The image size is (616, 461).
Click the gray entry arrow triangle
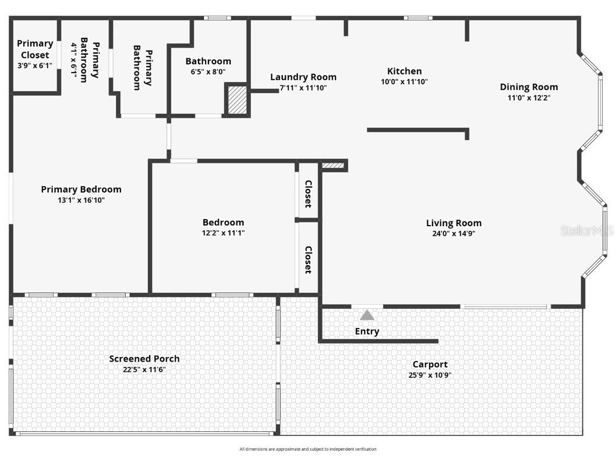point(367,315)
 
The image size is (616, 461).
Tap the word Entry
point(367,331)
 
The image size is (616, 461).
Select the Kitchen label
point(404,72)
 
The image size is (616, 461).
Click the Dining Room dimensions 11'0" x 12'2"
point(529,98)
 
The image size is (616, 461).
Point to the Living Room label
point(454,223)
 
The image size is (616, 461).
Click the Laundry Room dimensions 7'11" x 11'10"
point(303,88)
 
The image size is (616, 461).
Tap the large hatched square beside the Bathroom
point(237,99)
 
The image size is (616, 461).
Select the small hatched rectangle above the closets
point(333,166)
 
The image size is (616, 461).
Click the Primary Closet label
point(35,49)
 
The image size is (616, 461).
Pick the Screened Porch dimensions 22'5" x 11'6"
point(144,369)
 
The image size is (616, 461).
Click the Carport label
point(430,364)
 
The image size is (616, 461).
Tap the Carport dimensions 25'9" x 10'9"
point(430,375)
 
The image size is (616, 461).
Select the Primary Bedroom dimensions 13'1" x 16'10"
point(81,200)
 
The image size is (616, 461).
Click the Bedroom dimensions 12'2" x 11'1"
point(223,233)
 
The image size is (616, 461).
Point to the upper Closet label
point(308,194)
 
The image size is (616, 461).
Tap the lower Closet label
point(308,259)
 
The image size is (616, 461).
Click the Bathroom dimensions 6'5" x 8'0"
point(208,72)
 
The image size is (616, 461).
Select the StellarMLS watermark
point(587,231)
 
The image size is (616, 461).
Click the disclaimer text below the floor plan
point(308,449)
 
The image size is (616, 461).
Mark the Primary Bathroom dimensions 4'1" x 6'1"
point(74,60)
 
